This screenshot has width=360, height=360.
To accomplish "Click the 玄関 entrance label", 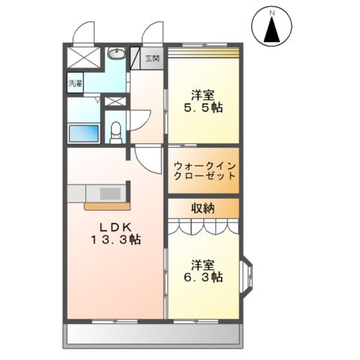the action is click(152, 58).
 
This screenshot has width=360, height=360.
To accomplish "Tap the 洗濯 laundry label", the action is click(75, 83).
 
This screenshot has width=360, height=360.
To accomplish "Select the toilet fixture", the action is click(115, 133).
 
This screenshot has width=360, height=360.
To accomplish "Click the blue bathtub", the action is click(84, 133).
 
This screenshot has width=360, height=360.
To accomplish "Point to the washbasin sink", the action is click(116, 53).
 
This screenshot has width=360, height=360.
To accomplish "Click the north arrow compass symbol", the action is click(271, 26).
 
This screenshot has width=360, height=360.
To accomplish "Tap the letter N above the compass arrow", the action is click(272, 13).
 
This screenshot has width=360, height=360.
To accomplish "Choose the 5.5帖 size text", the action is click(203, 108).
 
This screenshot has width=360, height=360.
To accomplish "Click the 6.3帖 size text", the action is click(203, 277).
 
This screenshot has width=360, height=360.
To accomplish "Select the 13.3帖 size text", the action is click(115, 240).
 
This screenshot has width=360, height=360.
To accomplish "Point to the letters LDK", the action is click(115, 227).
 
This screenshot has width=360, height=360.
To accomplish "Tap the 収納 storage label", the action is click(203, 208).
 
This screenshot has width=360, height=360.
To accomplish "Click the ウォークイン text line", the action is click(205, 166).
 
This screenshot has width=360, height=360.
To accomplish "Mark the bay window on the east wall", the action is click(247, 275).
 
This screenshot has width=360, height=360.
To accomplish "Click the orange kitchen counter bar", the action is click(107, 206).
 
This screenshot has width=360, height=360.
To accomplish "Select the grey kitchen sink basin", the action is click(110, 193).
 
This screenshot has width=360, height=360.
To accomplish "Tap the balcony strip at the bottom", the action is click(152, 334).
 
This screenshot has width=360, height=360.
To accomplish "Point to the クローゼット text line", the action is click(205, 176).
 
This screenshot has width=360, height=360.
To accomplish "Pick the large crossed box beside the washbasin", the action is click(83, 57).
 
